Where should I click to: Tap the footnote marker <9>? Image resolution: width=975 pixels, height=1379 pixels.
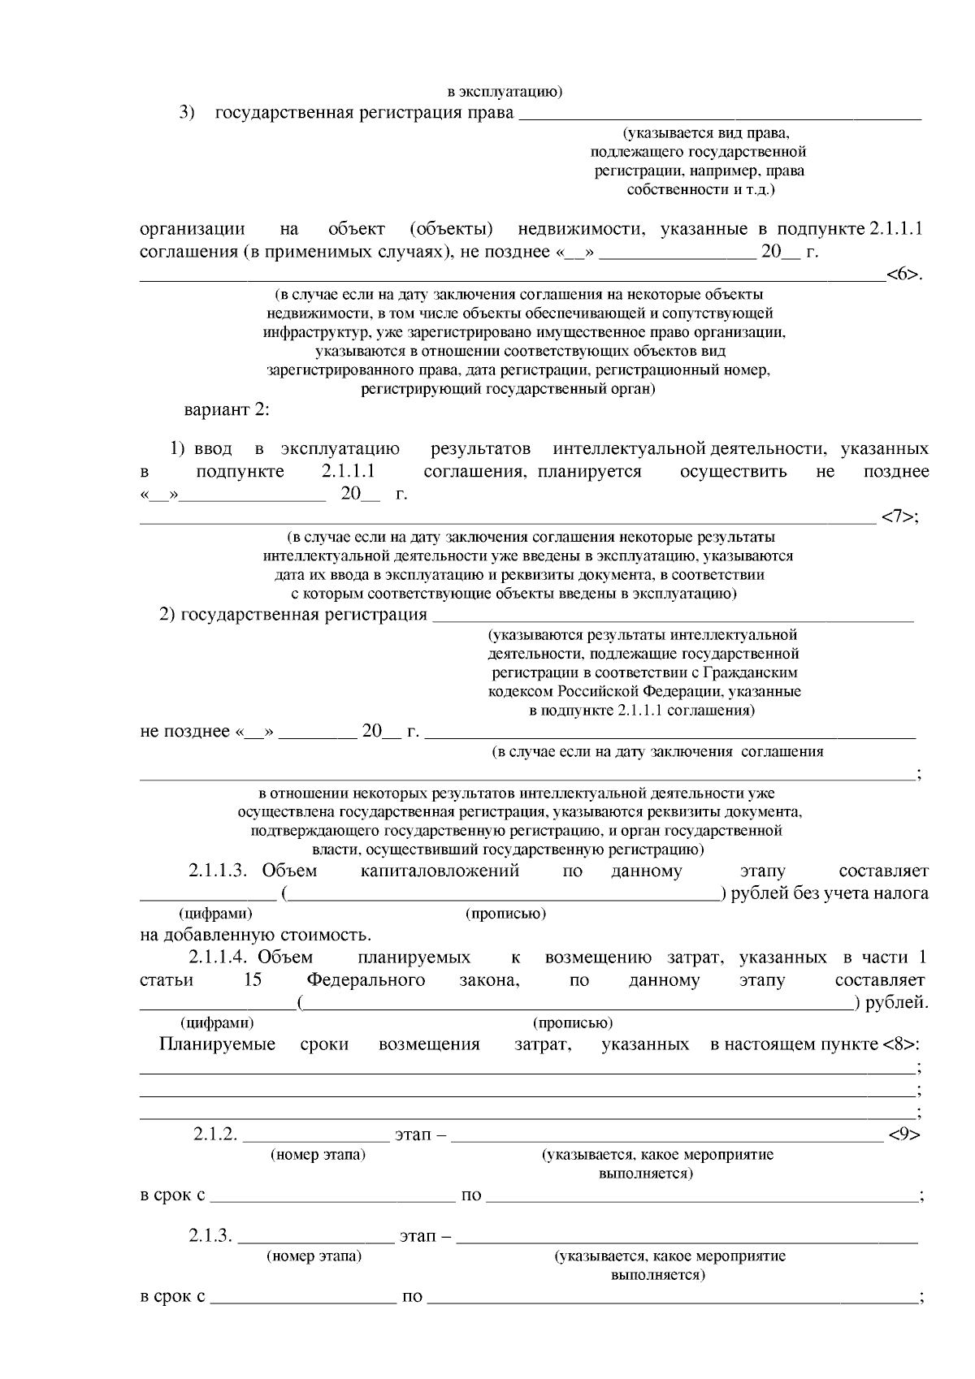coord(903,1135)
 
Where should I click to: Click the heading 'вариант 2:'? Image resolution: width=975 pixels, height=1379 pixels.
coord(227,409)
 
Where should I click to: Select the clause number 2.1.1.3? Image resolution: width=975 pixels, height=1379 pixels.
coord(217,871)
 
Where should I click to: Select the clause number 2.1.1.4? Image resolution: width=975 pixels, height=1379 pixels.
coord(216,958)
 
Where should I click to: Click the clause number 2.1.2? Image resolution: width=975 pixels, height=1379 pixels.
coord(215,1135)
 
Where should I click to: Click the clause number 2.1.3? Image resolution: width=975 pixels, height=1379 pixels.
coord(211,1237)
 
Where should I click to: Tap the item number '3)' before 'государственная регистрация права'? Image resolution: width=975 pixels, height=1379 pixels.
coord(188,112)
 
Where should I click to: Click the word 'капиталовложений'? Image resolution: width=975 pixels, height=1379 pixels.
coord(439,871)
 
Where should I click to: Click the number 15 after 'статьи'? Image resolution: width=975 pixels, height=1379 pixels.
coord(252,980)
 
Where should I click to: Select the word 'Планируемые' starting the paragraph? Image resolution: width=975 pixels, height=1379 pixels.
coord(218,1044)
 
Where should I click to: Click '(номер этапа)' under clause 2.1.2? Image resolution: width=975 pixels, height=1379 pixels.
coord(318,1155)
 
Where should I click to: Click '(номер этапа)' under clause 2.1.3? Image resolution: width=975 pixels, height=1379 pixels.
coord(314,1256)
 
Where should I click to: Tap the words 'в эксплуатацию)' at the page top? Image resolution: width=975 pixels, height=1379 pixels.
coord(505,91)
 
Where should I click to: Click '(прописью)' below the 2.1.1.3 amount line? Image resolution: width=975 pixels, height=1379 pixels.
coord(505,914)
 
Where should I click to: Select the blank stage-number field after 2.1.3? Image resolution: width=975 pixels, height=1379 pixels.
coord(315,1238)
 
